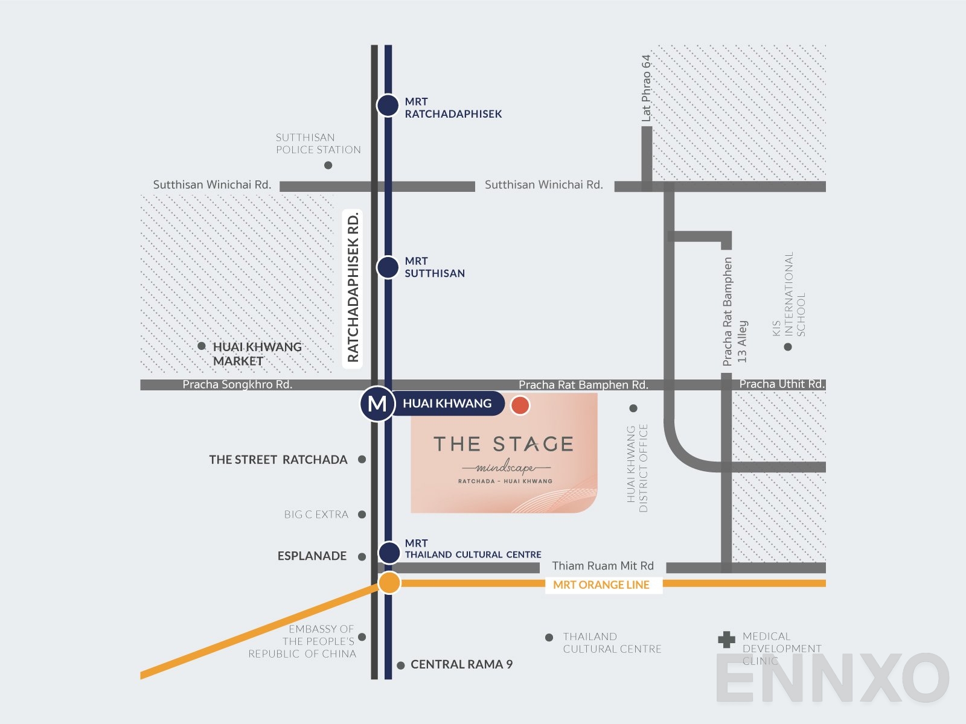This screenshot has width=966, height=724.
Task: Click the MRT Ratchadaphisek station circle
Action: [388, 105]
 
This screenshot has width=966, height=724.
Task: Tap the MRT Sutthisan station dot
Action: [388, 267]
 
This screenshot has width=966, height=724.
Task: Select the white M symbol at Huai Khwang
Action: [377, 404]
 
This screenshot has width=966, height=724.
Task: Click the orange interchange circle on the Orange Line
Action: [389, 583]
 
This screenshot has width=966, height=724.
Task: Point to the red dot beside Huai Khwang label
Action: [520, 405]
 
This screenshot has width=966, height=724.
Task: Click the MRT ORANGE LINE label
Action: [601, 585]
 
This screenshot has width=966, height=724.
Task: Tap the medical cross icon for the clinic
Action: [726, 640]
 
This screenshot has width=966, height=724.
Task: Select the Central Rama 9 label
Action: [461, 664]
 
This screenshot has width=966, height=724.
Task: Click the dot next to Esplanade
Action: [362, 557]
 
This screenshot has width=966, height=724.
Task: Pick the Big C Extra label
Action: [316, 515]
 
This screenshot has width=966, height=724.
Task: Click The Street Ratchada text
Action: [278, 460]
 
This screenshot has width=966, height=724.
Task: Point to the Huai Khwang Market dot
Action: [202, 346]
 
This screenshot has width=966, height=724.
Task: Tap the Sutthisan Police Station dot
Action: [328, 165]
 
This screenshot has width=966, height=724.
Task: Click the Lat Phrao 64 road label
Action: [647, 88]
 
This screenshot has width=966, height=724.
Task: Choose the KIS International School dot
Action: [788, 347]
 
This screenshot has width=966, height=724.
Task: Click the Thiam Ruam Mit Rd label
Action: [603, 566]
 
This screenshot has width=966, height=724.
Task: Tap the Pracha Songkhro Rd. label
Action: [237, 385]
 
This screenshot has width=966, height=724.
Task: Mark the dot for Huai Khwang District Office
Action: [633, 408]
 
